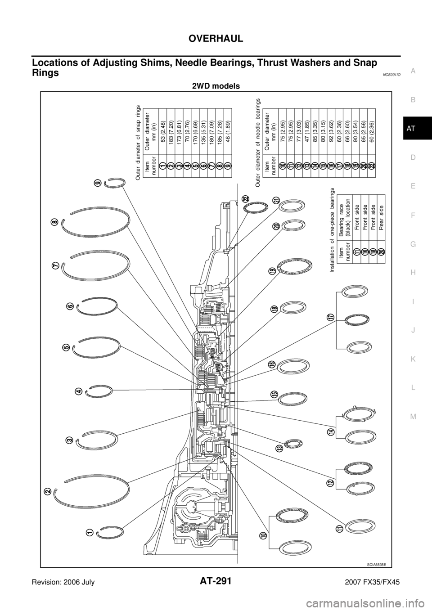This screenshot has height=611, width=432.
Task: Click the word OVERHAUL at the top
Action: point(216,38)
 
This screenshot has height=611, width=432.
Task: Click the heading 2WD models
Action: point(216,86)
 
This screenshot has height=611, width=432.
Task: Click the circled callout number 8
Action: point(55,222)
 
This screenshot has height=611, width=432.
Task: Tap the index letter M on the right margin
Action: point(413,416)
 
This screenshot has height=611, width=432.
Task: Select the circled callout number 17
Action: point(331,318)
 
